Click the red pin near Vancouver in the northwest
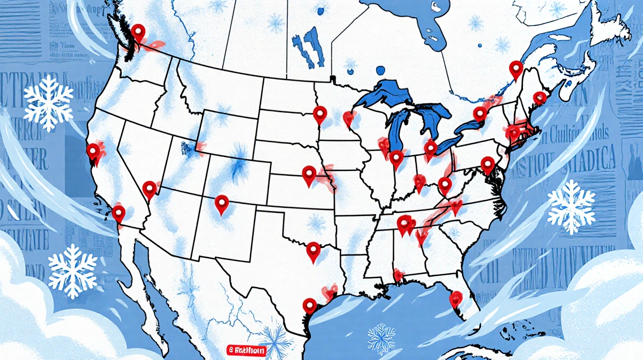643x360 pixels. click(x=139, y=33)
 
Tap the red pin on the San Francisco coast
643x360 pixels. click(x=93, y=152)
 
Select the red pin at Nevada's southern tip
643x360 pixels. click(x=149, y=189)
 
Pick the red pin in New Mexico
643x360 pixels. click(x=221, y=204)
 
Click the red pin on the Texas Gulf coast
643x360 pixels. click(x=309, y=306)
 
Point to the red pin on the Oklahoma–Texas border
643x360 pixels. click(x=313, y=250)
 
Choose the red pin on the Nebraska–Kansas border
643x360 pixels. click(x=309, y=174)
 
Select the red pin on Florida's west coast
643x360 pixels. click(x=455, y=298)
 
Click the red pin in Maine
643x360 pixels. click(x=539, y=98)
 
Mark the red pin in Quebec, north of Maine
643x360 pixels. click(x=515, y=69)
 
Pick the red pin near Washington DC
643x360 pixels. click(x=487, y=164)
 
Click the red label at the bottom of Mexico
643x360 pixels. click(x=245, y=350)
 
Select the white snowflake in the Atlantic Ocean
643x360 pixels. click(x=571, y=206)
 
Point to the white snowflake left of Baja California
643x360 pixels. click(x=73, y=271)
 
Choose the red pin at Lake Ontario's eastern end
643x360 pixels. click(x=480, y=114)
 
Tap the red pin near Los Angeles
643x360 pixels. click(x=118, y=213)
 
